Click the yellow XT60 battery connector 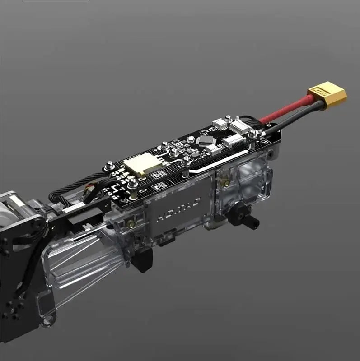pyautogui.click(x=328, y=95)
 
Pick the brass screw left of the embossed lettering pyautogui.click(x=131, y=224)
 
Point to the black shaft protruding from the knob pyautogui.click(x=252, y=221)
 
